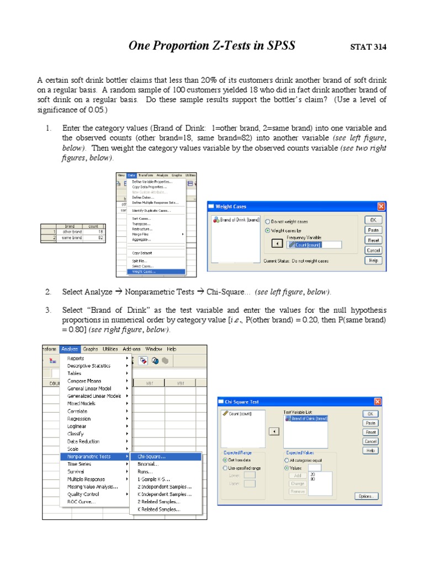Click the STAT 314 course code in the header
pos(368,47)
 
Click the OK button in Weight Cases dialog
pos(373,220)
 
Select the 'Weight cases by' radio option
pos(268,230)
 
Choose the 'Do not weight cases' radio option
pos(268,221)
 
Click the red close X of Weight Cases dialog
pos(381,206)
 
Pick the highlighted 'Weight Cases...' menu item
pos(144,271)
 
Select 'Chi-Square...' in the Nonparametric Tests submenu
pos(151,457)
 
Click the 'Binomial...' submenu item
pos(148,465)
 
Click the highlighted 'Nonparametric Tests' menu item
pos(89,457)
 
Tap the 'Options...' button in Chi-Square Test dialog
pos(366,496)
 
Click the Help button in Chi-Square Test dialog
pos(370,451)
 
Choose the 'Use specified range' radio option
pos(225,468)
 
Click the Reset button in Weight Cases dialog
pos(373,240)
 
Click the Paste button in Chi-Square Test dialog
pos(370,423)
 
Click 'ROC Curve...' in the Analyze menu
pos(81,502)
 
